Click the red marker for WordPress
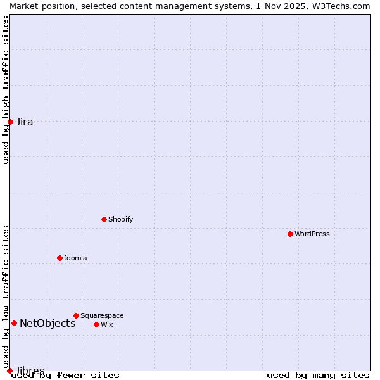coord(290,234)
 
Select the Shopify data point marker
coord(104,219)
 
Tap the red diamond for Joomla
coord(60,258)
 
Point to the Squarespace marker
coord(76,315)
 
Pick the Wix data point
coord(96,324)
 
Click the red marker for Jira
coord(10,122)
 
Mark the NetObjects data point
coord(14,323)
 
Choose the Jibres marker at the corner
coord(9,370)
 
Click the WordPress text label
coord(312,234)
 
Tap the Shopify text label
coord(120,219)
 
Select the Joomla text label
coord(75,258)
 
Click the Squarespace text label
coord(102,315)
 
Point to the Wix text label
coord(106,324)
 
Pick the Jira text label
coord(25,122)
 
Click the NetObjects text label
coord(47,323)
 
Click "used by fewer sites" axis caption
coord(66,375)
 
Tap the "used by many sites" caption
coord(318,375)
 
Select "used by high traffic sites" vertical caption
coord(6,90)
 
